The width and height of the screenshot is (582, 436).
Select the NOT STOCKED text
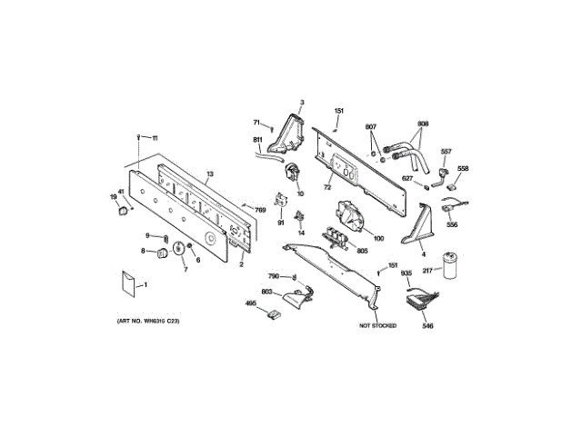point(378,324)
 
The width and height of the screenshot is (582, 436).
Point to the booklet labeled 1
point(126,282)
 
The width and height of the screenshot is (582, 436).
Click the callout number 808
point(423,124)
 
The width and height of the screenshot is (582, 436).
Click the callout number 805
point(361,251)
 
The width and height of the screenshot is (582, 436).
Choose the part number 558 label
point(463,169)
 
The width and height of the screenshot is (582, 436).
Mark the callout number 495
point(249,306)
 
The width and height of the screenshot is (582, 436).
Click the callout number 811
point(258,139)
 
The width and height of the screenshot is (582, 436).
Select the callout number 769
point(260,211)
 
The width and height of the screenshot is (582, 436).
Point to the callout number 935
point(406,273)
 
